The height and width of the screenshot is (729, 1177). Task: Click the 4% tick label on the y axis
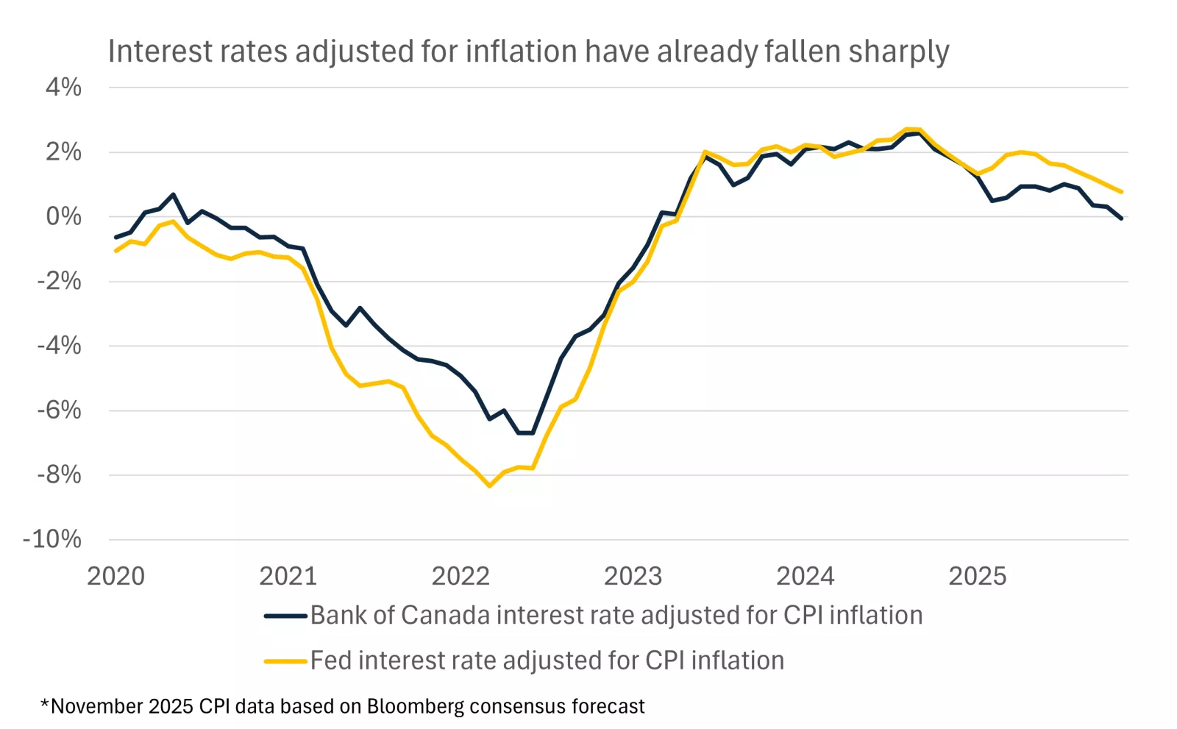[63, 88]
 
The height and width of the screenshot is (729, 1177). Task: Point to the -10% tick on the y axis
[52, 539]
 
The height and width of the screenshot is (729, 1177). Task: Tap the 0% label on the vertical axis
[63, 216]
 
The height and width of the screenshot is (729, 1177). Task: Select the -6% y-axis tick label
[59, 410]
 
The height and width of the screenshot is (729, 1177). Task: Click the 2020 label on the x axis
[116, 576]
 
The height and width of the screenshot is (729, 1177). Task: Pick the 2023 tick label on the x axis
[633, 576]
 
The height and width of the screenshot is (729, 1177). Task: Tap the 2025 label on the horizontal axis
[977, 576]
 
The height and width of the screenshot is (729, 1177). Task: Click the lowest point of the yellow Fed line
[489, 486]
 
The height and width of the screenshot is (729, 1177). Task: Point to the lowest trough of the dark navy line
[525, 433]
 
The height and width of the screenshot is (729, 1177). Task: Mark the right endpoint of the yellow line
[1121, 192]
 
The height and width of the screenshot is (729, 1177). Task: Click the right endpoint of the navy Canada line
[1121, 218]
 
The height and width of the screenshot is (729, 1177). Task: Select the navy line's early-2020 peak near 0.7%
[173, 195]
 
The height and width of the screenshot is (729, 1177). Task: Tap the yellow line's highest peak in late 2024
[913, 129]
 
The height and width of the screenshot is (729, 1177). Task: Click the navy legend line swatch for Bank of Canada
[285, 616]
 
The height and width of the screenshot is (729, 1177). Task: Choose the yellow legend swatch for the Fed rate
[285, 661]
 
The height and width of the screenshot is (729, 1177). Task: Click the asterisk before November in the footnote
[45, 704]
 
